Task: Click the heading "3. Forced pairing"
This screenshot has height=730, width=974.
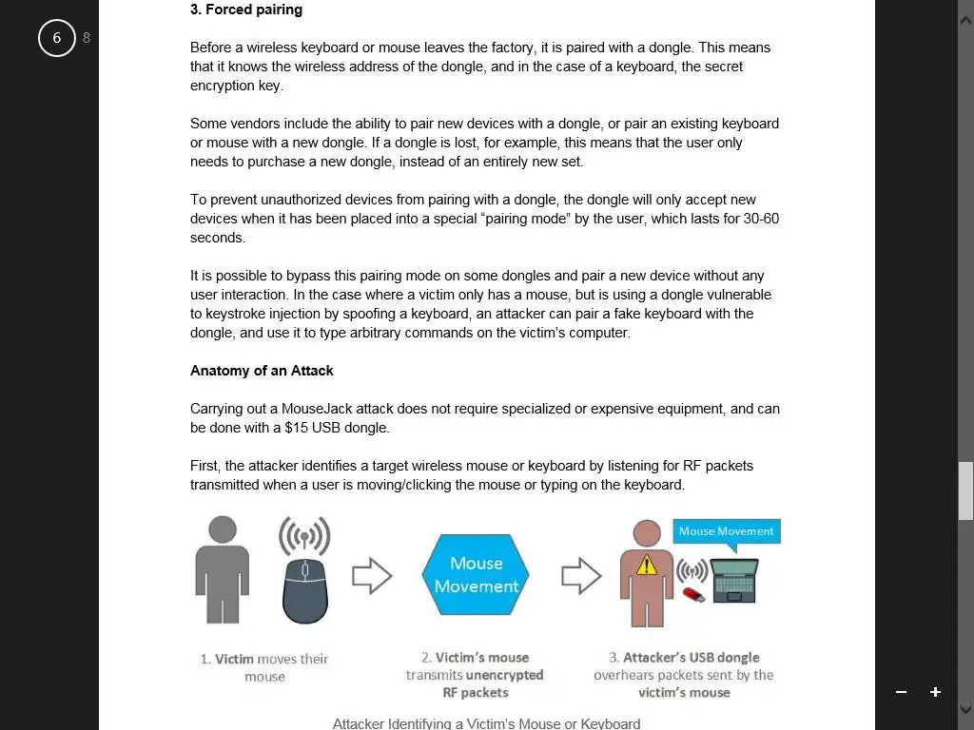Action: click(x=246, y=10)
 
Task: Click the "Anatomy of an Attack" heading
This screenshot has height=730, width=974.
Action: click(x=262, y=371)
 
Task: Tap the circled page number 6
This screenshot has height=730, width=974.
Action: click(x=56, y=38)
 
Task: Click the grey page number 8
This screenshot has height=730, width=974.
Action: click(x=87, y=38)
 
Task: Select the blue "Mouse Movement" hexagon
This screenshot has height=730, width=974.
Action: click(x=476, y=575)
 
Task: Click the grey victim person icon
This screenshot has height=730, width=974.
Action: click(x=223, y=570)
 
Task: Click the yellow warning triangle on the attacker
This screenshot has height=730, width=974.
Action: click(x=647, y=566)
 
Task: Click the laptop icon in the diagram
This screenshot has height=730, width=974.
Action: click(x=734, y=580)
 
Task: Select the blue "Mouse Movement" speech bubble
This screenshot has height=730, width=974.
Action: click(x=727, y=531)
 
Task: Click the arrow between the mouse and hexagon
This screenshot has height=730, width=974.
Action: click(x=372, y=575)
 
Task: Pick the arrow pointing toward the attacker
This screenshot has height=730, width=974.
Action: click(x=581, y=575)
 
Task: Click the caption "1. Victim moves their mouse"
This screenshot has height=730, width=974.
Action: click(x=264, y=667)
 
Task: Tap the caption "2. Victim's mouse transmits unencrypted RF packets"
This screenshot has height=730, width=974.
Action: click(x=476, y=675)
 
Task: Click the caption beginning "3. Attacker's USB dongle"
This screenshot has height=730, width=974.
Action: click(x=684, y=675)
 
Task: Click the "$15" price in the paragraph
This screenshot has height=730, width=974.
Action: click(x=296, y=428)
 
